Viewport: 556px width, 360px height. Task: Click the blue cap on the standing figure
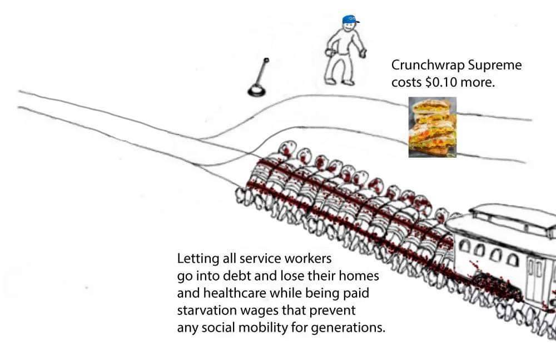point(350,19)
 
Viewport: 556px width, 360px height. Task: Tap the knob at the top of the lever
point(266,60)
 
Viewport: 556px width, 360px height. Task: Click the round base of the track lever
point(256,91)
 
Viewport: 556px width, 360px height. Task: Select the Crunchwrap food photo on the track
point(432,127)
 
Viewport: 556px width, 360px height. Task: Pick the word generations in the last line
point(348,328)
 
